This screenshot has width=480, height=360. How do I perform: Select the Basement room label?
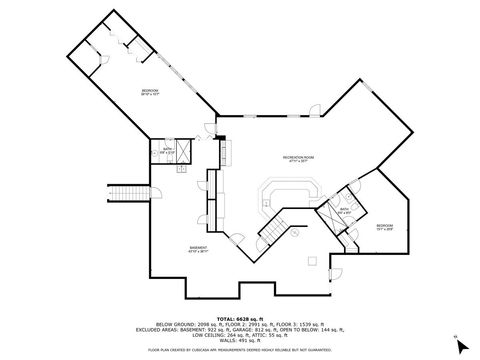pos(199,249)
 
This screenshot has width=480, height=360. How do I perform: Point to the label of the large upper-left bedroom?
pos(150,91)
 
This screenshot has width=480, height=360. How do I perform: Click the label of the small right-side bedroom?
pos(385,227)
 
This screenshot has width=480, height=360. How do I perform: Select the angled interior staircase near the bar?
pos(273,228)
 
